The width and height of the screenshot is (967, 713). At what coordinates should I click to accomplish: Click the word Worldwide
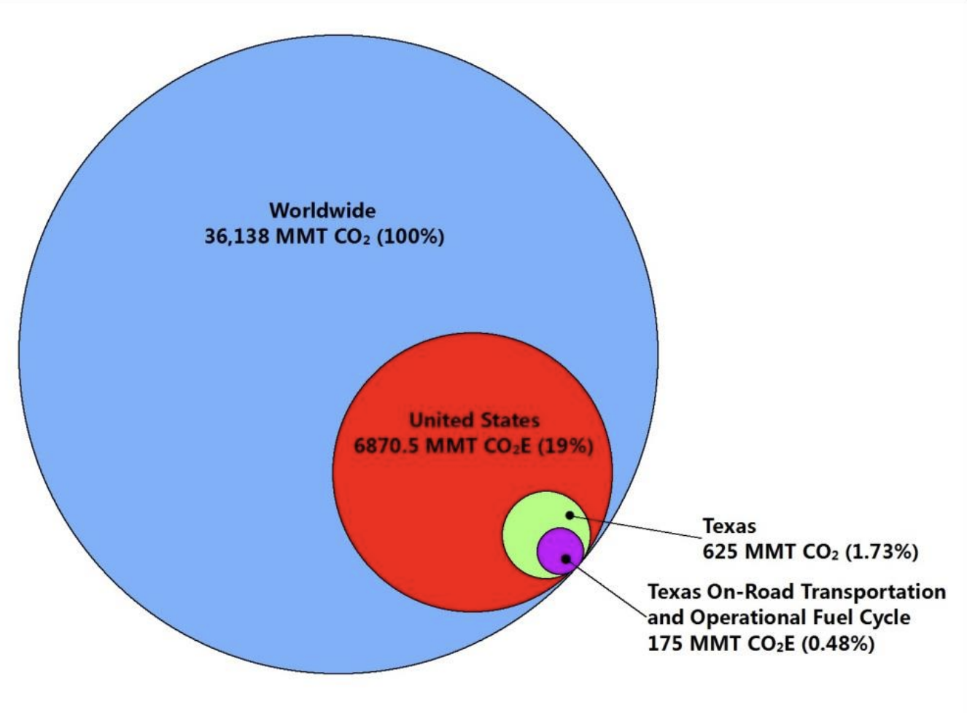coord(322,211)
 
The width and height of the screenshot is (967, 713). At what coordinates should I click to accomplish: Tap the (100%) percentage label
coord(410,237)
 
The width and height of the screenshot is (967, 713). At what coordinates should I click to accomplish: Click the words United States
coord(474,420)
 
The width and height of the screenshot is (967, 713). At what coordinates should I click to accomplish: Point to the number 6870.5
coord(387,445)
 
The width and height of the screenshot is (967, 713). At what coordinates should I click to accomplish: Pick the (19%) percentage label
coord(565,445)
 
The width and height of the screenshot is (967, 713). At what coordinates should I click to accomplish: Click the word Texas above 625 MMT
coord(729,526)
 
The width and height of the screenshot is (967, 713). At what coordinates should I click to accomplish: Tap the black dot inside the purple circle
coord(565,558)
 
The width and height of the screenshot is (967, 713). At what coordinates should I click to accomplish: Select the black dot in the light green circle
coord(570,515)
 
